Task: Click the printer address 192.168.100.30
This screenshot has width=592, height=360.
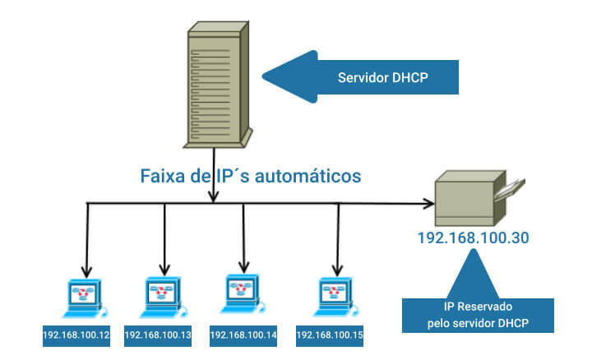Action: [x=473, y=238]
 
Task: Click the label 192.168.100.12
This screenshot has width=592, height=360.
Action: [x=76, y=335]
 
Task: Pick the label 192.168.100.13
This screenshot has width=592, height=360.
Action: [x=157, y=335]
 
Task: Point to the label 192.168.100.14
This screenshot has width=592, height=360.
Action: [x=243, y=335]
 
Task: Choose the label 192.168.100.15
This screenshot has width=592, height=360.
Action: [x=329, y=335]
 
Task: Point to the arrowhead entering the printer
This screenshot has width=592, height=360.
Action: [x=430, y=203]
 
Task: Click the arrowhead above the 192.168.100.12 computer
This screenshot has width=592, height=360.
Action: [x=86, y=271]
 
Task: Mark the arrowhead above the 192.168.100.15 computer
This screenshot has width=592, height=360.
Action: [x=336, y=269]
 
